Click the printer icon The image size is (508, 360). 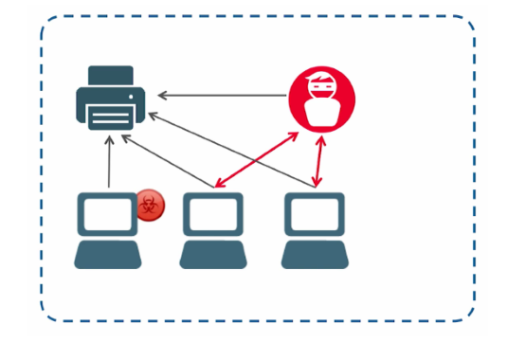[x=112, y=99]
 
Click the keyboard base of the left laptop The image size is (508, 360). [x=107, y=255]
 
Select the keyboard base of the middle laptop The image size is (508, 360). [x=212, y=255]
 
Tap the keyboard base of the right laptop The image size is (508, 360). [x=313, y=255]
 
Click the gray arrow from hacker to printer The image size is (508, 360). [x=223, y=95]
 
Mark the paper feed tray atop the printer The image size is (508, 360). [x=111, y=74]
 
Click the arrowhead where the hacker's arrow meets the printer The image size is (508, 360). [x=162, y=95]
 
